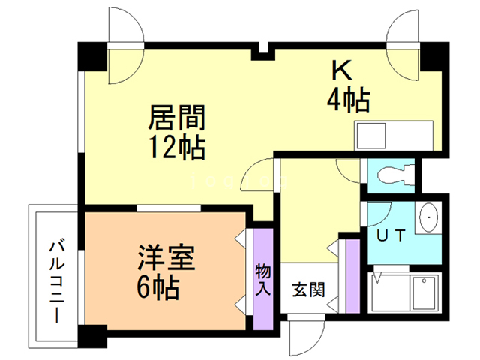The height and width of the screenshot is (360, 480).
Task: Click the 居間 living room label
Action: (177, 118)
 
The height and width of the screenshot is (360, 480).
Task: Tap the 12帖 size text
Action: (177, 148)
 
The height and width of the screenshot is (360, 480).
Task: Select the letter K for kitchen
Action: (342, 71)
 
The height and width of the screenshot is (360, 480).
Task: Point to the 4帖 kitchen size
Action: (349, 100)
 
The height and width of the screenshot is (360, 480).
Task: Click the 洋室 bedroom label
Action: (166, 258)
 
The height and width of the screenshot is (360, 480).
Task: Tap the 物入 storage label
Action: (263, 279)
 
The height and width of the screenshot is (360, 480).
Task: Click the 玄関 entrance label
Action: (308, 289)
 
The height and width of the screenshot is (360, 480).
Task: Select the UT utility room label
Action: (391, 235)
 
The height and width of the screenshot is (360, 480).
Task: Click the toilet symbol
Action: (395, 175)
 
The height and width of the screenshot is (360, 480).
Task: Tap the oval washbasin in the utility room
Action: (428, 217)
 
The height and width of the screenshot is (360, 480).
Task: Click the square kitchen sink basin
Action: (371, 136)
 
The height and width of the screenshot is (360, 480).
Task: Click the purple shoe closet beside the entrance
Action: (352, 276)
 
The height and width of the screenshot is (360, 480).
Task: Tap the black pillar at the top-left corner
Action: (92, 57)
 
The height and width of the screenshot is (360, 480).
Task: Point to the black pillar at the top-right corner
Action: (434, 57)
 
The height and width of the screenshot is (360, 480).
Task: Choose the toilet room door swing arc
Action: (348, 171)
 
